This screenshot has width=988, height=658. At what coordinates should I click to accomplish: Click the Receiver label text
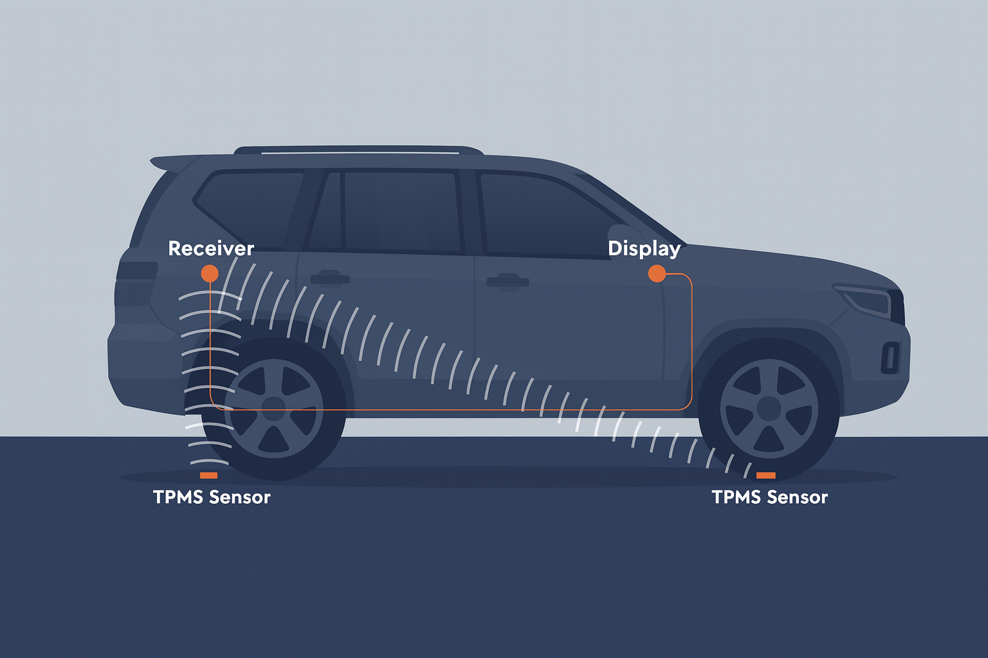(x=211, y=249)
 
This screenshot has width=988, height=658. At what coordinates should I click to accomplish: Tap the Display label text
(x=644, y=249)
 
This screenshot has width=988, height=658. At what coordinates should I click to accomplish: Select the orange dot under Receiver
(x=210, y=274)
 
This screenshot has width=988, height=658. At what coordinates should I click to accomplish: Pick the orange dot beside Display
(x=657, y=274)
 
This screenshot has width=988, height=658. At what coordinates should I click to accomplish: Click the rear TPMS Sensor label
(x=212, y=497)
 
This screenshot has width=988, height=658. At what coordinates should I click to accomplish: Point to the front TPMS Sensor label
(x=769, y=497)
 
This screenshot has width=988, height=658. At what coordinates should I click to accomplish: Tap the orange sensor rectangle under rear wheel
(x=208, y=476)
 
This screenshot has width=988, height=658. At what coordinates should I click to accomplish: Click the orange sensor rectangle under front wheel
(x=765, y=476)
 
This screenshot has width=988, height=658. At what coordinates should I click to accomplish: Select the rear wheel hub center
(x=274, y=409)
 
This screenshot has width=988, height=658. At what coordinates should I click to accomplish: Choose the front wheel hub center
(x=769, y=409)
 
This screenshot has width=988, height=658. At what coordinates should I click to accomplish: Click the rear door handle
(x=329, y=278)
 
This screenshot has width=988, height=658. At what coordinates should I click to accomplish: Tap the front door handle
(x=508, y=281)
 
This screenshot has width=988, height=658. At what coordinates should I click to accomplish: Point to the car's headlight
(x=865, y=299)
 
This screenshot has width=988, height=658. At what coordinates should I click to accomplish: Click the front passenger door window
(x=540, y=215)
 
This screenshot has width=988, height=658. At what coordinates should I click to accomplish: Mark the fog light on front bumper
(x=890, y=357)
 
